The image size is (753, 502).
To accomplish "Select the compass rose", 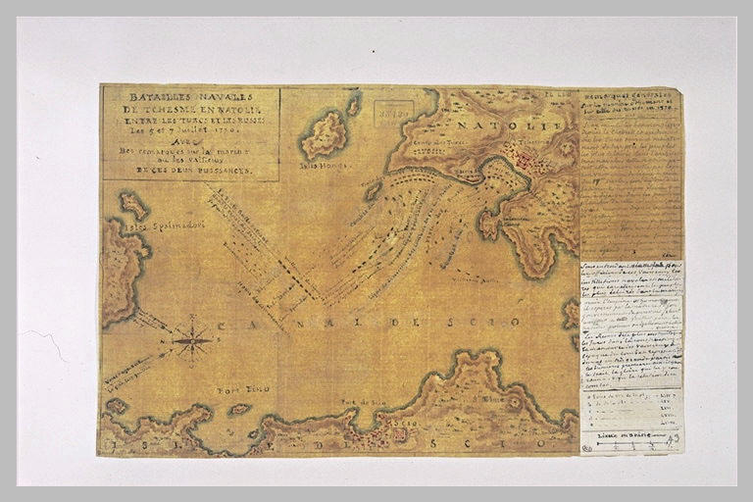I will (193, 341).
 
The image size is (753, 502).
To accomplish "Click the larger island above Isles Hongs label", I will (324, 134).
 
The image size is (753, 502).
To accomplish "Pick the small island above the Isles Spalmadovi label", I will (134, 205).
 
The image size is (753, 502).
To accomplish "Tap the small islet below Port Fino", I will (238, 409).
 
